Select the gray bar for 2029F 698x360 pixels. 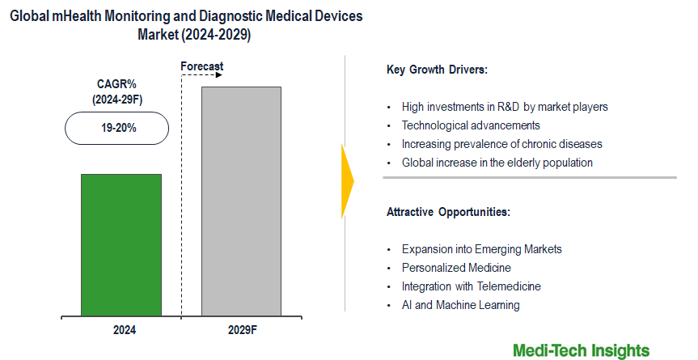(241, 201)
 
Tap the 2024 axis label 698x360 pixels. (124, 330)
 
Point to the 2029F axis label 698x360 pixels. (241, 330)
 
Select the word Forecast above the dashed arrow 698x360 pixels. (201, 66)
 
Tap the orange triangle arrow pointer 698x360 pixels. (348, 182)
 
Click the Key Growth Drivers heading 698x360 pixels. (437, 70)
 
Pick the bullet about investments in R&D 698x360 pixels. (505, 107)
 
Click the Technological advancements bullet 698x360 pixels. (471, 125)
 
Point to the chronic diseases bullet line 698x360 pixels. (501, 144)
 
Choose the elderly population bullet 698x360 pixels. (497, 163)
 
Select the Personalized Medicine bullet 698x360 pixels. (456, 268)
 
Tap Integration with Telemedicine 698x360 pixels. (471, 286)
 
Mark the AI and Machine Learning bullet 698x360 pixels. (460, 305)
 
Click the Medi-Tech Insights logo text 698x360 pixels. (581, 349)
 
